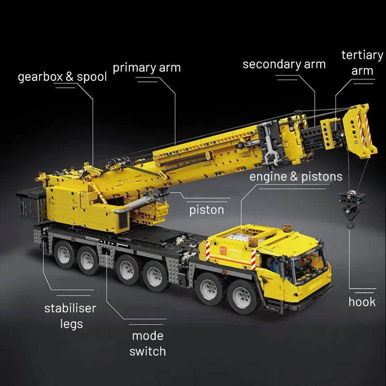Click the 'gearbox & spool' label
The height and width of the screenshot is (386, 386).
(x=62, y=77)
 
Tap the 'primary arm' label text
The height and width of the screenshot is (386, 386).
(x=147, y=68)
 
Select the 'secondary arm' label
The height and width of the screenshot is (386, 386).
(x=284, y=64)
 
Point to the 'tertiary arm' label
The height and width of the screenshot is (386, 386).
(x=362, y=63)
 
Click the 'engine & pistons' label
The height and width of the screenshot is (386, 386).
(x=295, y=177)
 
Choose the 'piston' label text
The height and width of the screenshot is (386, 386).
(x=207, y=210)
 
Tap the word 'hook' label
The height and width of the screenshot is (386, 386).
(x=362, y=302)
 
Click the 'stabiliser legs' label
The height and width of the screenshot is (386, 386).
(x=70, y=316)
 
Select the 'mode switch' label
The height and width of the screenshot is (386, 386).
(x=148, y=343)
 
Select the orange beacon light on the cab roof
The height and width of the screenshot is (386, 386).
(x=289, y=227)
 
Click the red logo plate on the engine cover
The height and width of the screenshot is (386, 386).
(x=224, y=250)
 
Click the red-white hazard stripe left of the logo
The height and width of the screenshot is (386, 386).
(x=208, y=250)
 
